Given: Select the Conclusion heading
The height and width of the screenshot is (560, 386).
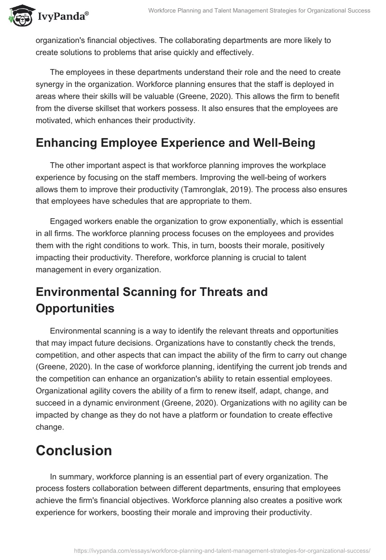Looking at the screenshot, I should pyautogui.click(x=74, y=450).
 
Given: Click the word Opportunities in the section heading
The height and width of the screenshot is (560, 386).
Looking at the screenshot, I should pyautogui.click(x=75, y=308).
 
